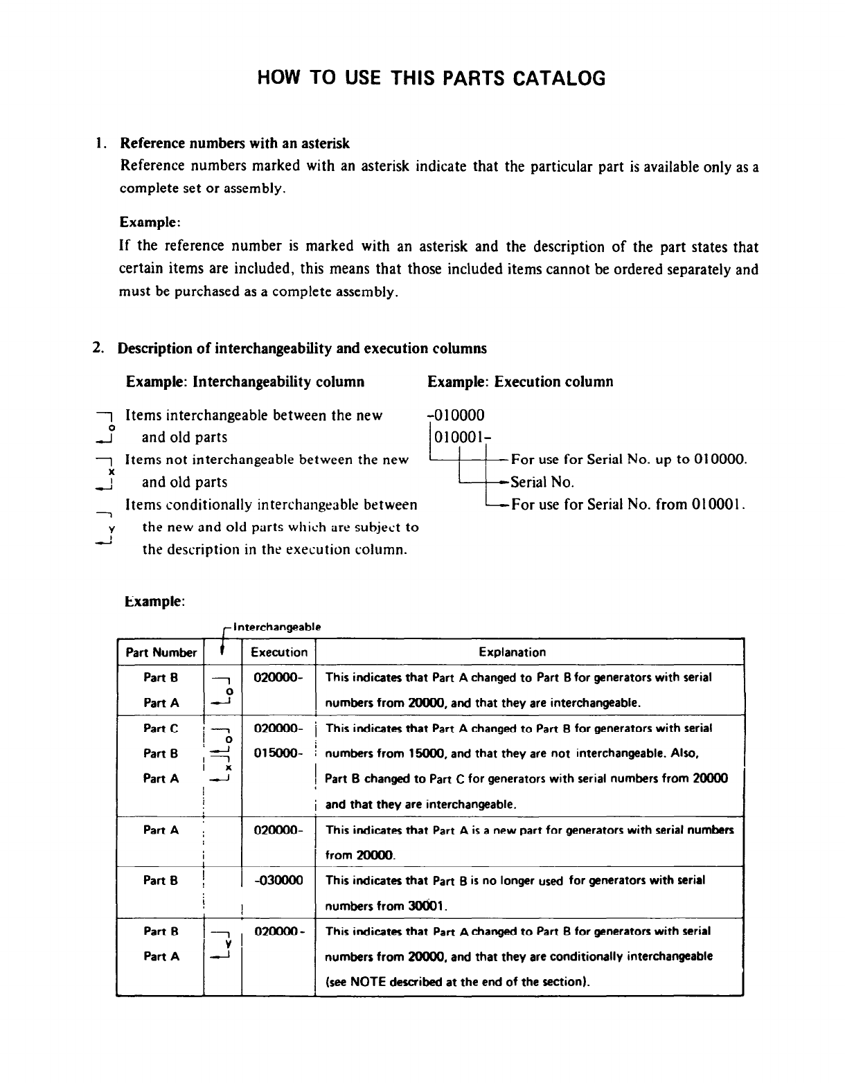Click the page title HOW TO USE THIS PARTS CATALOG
431,78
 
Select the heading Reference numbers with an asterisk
235,143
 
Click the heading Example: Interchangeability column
245,382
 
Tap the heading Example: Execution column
520,382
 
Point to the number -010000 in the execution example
456,415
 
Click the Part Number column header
161,652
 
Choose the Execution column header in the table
278,652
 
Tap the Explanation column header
512,652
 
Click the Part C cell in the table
161,728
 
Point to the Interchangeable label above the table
277,627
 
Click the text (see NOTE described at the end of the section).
457,982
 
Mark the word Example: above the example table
154,601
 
